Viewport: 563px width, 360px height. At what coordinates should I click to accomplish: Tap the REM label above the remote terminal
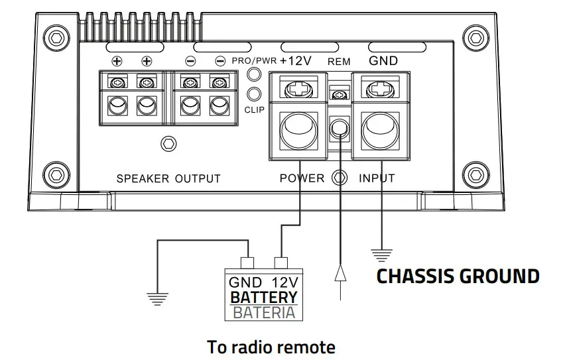[x=339, y=62]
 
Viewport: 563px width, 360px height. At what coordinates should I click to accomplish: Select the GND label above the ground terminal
[x=383, y=61]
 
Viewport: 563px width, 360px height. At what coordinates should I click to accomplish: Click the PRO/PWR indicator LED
[x=253, y=75]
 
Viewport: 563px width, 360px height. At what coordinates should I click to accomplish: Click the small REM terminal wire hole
[x=340, y=126]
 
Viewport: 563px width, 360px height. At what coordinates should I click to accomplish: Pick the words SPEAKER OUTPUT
[x=168, y=178]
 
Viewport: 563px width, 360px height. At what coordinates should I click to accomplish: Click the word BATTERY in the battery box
[x=263, y=298]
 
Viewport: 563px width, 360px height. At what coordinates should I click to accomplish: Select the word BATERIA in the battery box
[x=263, y=312]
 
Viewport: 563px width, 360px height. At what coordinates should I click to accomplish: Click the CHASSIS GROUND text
[x=458, y=276]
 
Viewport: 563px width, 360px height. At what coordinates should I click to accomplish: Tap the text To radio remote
[x=271, y=347]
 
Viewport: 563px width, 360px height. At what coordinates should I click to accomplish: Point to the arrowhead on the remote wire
[x=340, y=272]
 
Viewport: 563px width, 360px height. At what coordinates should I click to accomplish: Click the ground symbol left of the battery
[x=157, y=298]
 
